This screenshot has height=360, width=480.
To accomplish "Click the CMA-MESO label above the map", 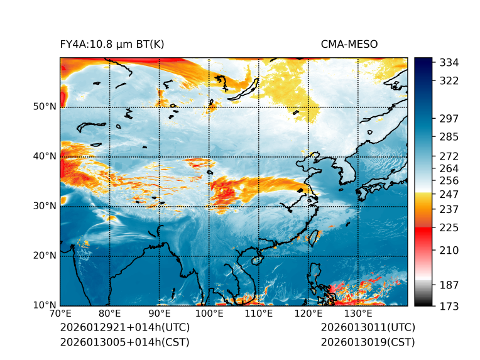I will (x=349, y=44).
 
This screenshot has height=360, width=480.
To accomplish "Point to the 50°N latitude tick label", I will (x=45, y=107).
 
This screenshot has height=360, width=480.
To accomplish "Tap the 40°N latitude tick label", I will (x=45, y=156).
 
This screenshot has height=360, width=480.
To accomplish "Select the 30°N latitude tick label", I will (x=45, y=206).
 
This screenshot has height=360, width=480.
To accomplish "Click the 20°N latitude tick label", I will (x=45, y=256).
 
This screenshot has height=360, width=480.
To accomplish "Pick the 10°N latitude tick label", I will (x=45, y=306).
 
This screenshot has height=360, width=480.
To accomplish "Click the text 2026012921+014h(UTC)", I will (x=124, y=328).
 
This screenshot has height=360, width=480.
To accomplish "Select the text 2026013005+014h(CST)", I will (x=124, y=342).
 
